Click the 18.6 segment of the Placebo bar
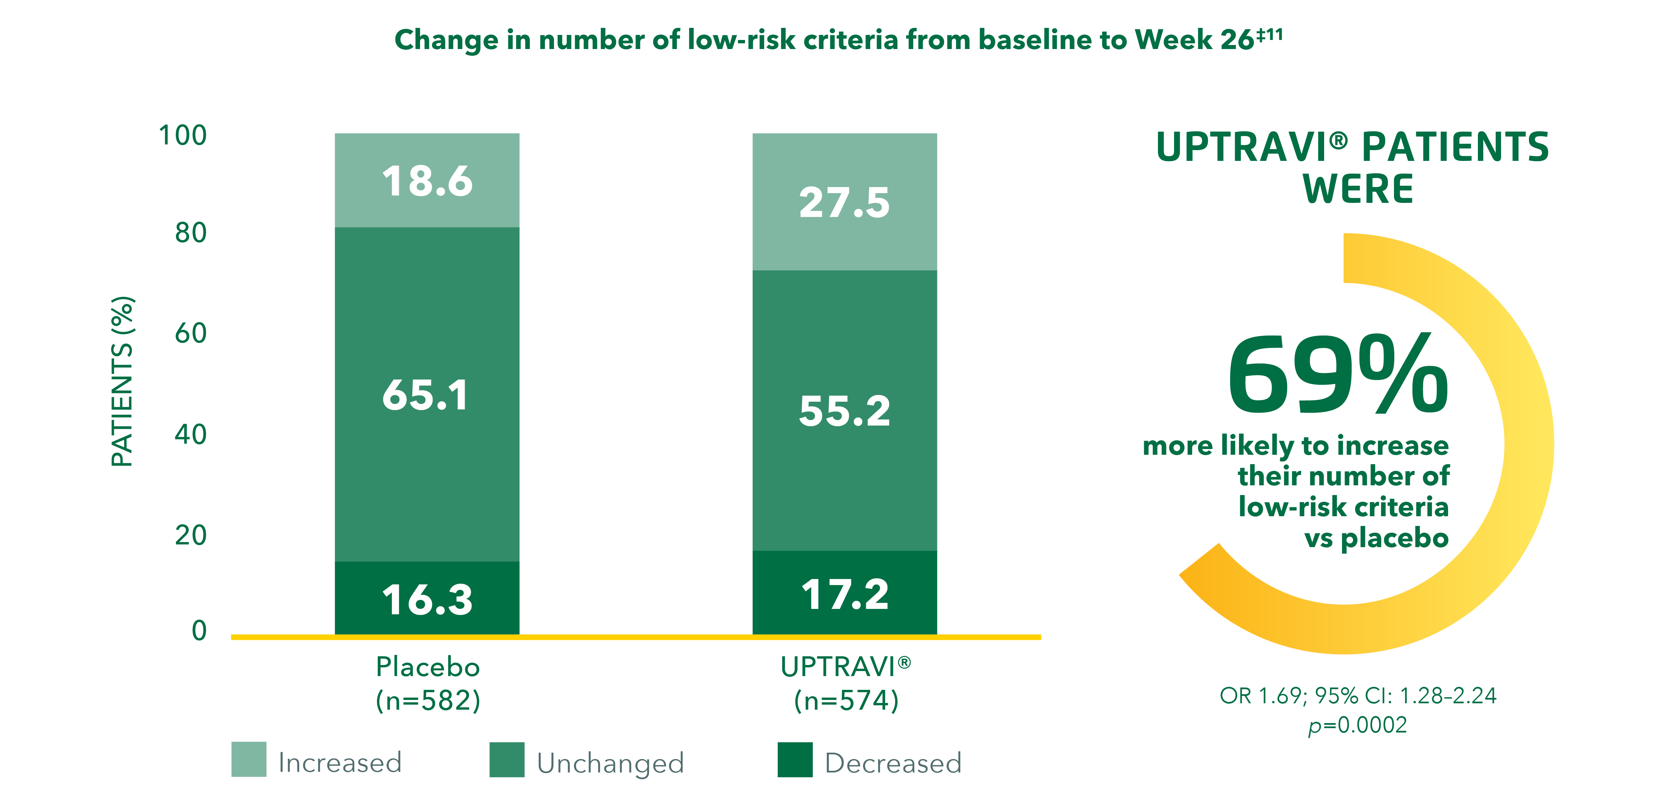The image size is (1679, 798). [x=427, y=181]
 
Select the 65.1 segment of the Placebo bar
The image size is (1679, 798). [x=427, y=394]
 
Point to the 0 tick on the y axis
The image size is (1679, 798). [x=199, y=630]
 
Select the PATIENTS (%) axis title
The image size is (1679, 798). [x=123, y=382]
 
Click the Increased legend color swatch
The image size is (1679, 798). [x=248, y=759]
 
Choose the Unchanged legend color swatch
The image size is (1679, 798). [x=506, y=759]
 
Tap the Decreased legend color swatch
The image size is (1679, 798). [x=795, y=759]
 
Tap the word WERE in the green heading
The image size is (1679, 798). [x=1358, y=189]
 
